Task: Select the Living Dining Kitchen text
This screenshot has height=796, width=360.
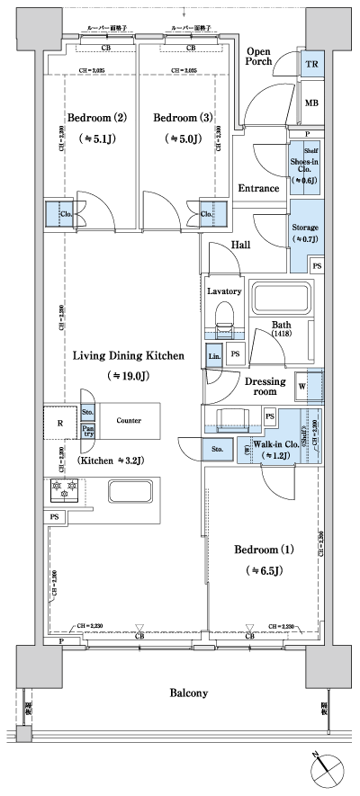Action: coord(129,356)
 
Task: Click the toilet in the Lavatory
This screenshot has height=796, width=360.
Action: coord(224,317)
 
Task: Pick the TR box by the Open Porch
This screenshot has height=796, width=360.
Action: coord(311,65)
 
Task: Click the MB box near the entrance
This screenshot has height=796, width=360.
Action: coord(311,103)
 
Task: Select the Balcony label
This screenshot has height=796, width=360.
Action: coord(188,693)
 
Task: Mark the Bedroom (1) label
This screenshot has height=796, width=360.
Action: coord(264,549)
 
